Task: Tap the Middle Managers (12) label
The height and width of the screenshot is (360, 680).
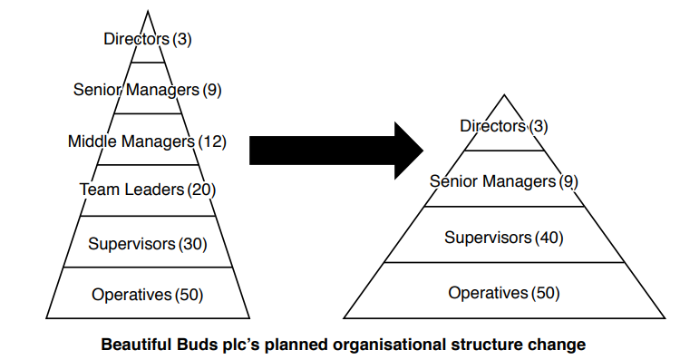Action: pyautogui.click(x=147, y=141)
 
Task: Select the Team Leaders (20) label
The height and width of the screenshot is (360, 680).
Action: pyautogui.click(x=147, y=190)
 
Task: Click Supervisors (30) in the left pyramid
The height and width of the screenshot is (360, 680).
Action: pyautogui.click(x=147, y=243)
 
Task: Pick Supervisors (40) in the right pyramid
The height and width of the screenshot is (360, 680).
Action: pyautogui.click(x=503, y=238)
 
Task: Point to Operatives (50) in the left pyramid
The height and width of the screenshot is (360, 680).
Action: pyautogui.click(x=147, y=294)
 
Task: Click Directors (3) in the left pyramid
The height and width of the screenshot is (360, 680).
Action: pyautogui.click(x=148, y=39)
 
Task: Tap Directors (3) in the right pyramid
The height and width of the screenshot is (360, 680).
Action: pyautogui.click(x=503, y=126)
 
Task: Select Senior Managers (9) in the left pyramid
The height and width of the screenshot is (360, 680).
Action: pyautogui.click(x=147, y=90)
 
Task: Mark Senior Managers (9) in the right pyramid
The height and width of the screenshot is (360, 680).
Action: pyautogui.click(x=503, y=181)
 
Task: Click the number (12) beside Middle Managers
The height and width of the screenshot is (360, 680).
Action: pyautogui.click(x=211, y=141)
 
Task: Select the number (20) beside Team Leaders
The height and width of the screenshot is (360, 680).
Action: pyautogui.click(x=200, y=190)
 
